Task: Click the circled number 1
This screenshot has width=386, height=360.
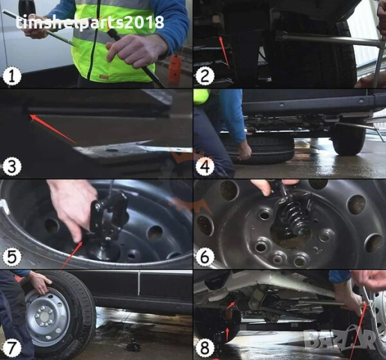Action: point(12,76)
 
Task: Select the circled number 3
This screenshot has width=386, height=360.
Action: point(12,166)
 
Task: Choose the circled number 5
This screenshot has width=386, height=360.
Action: point(12,256)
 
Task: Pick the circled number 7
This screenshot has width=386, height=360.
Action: point(12,347)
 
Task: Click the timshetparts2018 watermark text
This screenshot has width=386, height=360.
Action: point(90,22)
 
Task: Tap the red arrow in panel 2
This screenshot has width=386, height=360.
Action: point(223,49)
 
